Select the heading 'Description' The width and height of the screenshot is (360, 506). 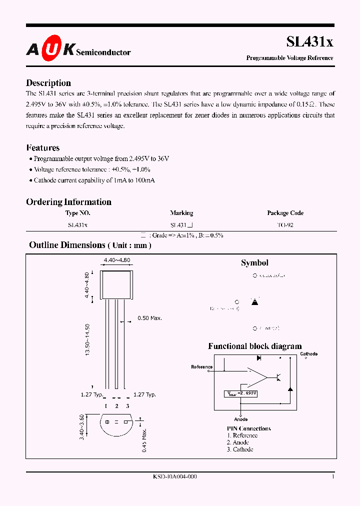(x=48, y=83)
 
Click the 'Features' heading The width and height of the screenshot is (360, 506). (x=42, y=147)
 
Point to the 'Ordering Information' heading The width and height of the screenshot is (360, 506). (x=68, y=202)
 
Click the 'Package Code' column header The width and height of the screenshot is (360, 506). (x=285, y=213)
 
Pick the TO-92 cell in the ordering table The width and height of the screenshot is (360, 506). (x=285, y=225)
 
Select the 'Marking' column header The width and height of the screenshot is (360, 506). (x=181, y=213)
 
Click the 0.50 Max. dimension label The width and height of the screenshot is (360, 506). (x=150, y=318)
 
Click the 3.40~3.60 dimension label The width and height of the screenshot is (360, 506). (x=88, y=426)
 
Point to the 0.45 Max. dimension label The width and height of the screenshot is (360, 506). (x=144, y=440)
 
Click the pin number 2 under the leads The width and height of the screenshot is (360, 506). (x=116, y=406)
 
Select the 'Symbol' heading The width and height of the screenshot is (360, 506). (x=254, y=263)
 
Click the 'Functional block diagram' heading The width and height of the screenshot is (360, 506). (x=254, y=346)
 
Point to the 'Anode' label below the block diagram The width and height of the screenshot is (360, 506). (x=240, y=419)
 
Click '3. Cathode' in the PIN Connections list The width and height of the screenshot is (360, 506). (x=240, y=449)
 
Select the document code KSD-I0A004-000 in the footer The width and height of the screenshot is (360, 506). (x=174, y=477)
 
